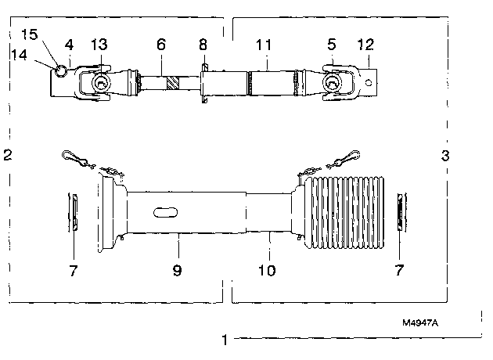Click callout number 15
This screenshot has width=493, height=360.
[x=30, y=34]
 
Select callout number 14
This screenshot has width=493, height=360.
[x=20, y=55]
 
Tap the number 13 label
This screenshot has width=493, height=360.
[x=99, y=45]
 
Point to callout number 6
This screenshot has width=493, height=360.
[x=161, y=45]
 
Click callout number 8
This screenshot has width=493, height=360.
[x=203, y=45]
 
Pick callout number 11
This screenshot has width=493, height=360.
[x=264, y=45]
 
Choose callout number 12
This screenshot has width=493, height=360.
[x=365, y=45]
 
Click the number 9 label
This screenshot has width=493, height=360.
[x=178, y=270]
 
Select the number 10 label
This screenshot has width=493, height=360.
[x=267, y=270]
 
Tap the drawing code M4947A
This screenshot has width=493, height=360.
[x=420, y=322]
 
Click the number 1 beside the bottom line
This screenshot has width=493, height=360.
[x=225, y=340]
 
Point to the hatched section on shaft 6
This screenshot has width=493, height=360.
[x=173, y=83]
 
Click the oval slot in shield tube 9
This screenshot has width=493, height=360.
[x=165, y=213]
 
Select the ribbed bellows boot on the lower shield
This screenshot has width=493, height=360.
[x=344, y=213]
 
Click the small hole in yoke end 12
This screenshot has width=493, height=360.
[x=369, y=83]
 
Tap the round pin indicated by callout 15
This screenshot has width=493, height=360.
[x=61, y=70]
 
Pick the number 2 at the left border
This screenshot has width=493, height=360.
[x=8, y=155]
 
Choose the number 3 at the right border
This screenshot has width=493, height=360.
[x=445, y=155]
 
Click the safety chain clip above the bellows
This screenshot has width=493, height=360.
[x=343, y=159]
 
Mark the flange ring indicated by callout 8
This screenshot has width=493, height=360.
[x=204, y=83]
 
